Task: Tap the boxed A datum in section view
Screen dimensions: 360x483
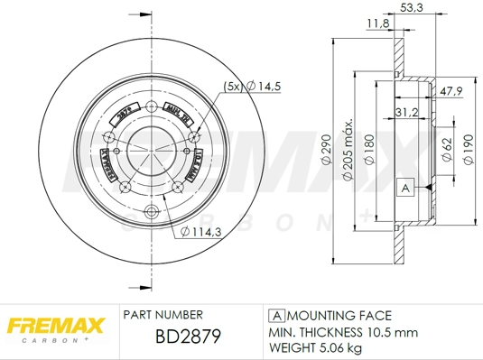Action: [x=405, y=188]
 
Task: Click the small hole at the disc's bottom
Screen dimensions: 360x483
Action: [x=151, y=214]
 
